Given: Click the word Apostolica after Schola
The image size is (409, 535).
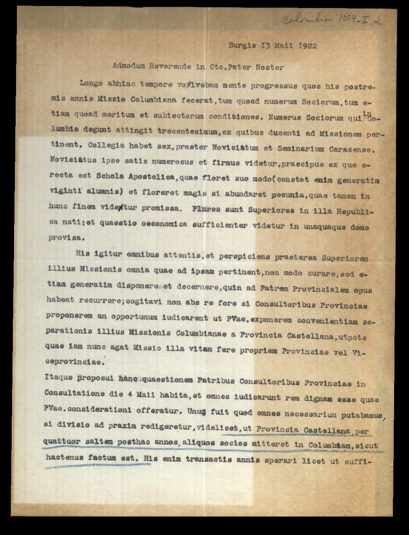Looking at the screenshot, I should tap(149, 176).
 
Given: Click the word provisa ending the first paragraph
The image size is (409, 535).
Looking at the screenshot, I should tap(64, 237).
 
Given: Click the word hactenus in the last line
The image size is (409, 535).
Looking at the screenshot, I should tap(64, 457).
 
